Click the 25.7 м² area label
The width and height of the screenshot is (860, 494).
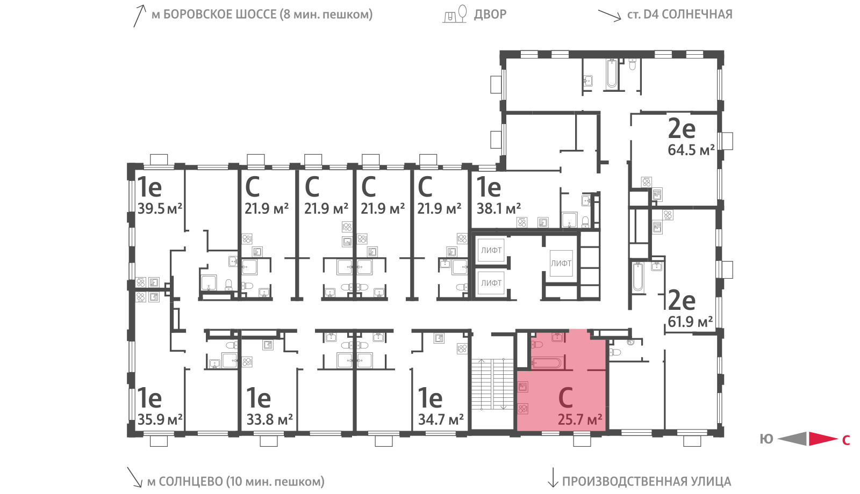pos(580,420)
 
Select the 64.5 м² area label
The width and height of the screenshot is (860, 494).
pos(691,150)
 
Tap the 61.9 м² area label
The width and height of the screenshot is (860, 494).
pos(690,322)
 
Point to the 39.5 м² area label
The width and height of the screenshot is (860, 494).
pos(160,209)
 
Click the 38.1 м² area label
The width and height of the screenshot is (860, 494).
pos(499,209)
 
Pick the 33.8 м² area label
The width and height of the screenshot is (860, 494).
pos(269,419)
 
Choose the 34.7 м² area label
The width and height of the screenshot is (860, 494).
pos(441,419)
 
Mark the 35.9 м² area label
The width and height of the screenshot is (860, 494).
pos(160,419)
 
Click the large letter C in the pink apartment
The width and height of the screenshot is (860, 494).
pos(566,397)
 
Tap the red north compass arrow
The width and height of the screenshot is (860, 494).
pos(823,439)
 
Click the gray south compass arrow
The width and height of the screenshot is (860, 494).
pos(792,439)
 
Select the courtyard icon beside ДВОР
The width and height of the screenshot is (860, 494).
pos(455,14)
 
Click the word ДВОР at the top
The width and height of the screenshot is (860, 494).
pos(490,14)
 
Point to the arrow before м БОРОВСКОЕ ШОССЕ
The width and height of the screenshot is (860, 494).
pos(139,16)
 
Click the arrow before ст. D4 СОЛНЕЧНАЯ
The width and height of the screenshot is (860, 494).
pos(610,16)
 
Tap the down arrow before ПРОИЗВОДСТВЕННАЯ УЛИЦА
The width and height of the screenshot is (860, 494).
pos(553,477)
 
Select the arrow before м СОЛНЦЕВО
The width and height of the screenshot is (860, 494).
pos(134,477)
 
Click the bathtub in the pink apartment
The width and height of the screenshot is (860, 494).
pos(546,362)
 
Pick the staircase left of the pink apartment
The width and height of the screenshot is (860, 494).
pos(492,384)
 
